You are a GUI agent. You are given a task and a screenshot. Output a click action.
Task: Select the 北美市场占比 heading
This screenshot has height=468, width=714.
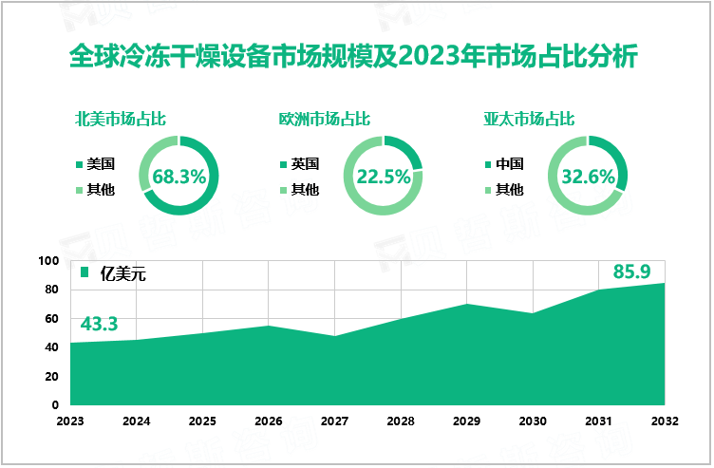[x=121, y=120]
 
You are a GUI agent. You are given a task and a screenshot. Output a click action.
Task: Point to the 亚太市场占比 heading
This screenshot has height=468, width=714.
[x=529, y=120]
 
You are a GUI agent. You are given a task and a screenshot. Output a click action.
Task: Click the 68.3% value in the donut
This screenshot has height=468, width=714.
[x=178, y=176]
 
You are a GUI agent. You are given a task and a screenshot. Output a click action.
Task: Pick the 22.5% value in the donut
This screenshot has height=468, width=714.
[x=383, y=176]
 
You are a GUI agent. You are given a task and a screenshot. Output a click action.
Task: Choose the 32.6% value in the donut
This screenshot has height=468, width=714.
[x=588, y=176]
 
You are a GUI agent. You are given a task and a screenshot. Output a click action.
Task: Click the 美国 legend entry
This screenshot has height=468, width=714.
[x=100, y=163]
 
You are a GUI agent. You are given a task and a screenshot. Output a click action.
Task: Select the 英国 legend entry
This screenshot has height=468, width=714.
[x=305, y=163]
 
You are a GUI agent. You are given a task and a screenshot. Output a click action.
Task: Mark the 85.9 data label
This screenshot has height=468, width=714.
[x=631, y=272]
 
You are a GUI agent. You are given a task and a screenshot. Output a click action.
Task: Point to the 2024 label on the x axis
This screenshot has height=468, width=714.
[x=137, y=420]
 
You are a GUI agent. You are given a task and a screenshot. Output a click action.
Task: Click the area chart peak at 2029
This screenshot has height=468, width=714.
[x=465, y=305]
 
